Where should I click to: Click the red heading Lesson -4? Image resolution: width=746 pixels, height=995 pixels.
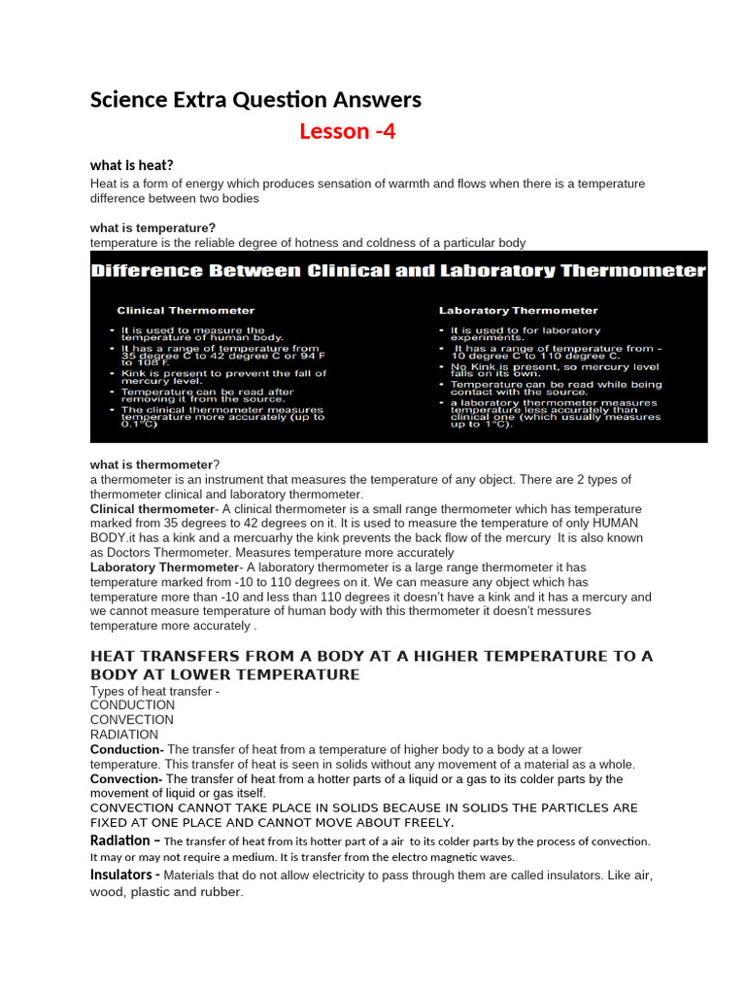[347, 132]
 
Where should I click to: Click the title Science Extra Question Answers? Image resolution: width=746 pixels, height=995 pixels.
[255, 99]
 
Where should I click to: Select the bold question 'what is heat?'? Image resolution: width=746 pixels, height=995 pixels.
[131, 165]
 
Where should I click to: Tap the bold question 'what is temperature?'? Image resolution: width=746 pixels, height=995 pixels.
[153, 227]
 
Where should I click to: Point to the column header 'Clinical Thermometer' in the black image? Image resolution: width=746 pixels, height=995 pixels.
[186, 311]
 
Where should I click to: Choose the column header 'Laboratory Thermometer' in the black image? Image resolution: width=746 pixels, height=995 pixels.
[518, 311]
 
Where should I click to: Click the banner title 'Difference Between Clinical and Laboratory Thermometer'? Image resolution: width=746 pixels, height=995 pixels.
[398, 271]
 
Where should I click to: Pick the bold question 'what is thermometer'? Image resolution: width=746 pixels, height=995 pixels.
[152, 464]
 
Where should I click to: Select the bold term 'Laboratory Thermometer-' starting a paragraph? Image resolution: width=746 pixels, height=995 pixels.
[165, 567]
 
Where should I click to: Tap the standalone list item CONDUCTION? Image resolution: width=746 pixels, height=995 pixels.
[133, 704]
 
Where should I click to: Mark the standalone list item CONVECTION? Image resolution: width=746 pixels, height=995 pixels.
[132, 720]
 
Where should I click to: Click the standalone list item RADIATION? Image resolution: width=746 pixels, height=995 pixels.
[124, 735]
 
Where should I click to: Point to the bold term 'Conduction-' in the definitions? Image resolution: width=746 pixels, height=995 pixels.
[126, 749]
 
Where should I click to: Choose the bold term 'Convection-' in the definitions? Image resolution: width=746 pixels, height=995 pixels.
[126, 779]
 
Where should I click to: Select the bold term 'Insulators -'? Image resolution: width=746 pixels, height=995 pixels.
[125, 875]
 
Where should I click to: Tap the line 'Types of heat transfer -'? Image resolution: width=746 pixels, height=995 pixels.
[155, 690]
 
